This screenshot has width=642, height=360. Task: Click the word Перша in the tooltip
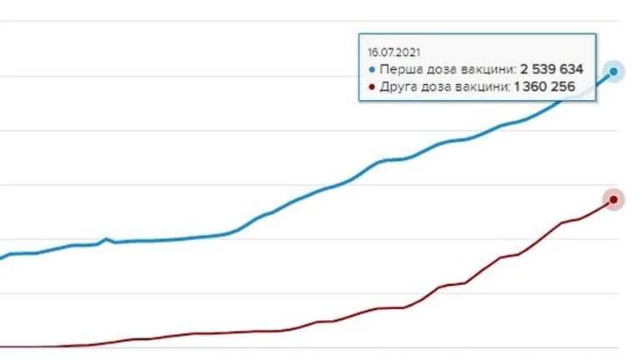pos(395,69)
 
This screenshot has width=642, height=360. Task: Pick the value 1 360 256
pos(545,86)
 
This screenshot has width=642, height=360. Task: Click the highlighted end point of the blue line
pos(614,72)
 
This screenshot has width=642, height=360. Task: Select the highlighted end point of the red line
pos(614,199)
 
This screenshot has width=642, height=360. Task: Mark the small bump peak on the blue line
pos(107,238)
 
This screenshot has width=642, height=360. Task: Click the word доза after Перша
pos(434,69)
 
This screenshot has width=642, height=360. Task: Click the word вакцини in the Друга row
pos(479,86)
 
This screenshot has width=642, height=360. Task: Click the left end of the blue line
pos(2,257)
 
